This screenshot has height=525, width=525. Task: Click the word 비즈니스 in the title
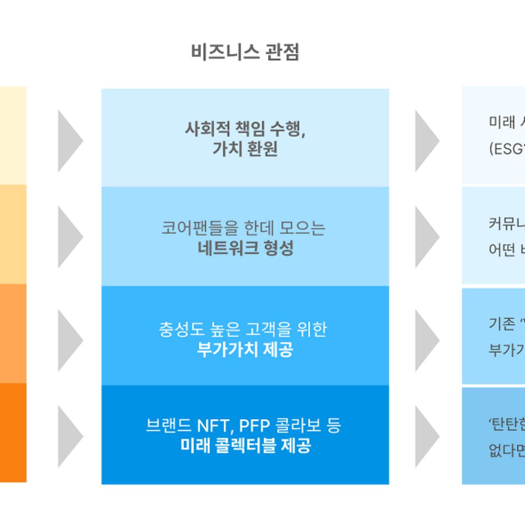click(x=225, y=52)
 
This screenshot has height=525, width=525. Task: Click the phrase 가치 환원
click(x=245, y=149)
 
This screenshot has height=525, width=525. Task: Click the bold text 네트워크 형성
click(x=245, y=248)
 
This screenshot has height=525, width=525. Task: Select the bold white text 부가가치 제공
click(x=245, y=349)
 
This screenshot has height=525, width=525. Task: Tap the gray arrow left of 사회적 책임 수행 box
click(x=70, y=141)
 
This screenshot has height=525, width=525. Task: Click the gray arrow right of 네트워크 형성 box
click(x=427, y=237)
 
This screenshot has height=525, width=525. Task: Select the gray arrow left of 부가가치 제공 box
click(x=70, y=340)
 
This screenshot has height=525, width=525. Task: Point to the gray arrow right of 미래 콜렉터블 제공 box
click(x=427, y=436)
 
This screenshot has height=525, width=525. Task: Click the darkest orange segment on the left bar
click(x=13, y=433)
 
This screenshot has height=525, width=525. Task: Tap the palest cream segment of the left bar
click(x=13, y=136)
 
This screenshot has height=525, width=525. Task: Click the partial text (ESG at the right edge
click(x=506, y=149)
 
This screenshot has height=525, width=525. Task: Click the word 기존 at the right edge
click(x=502, y=324)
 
